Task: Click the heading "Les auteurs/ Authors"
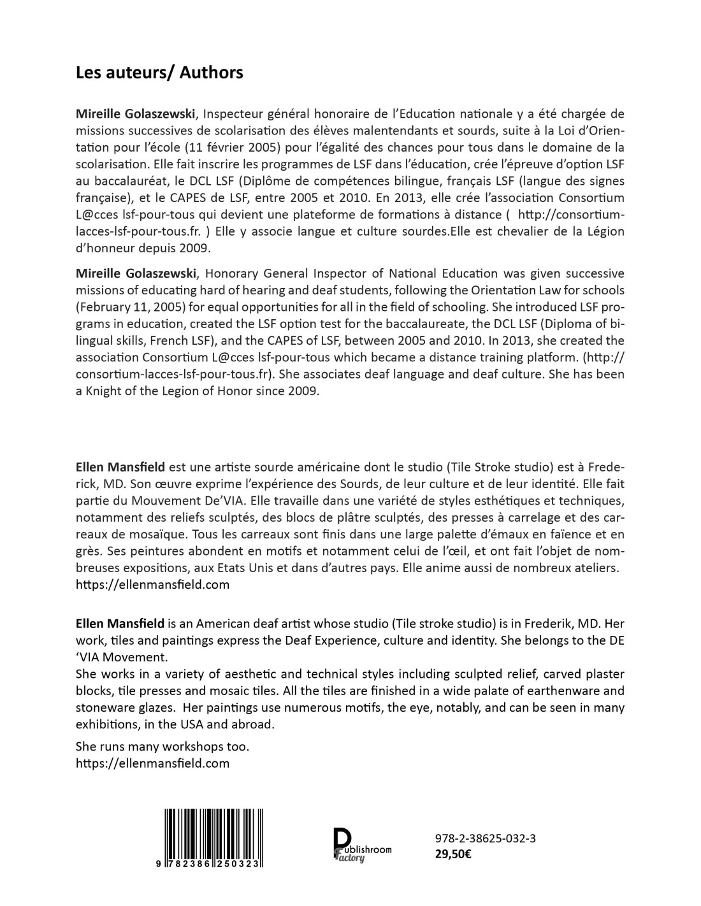[x=159, y=73]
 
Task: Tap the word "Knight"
[x=102, y=391]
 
